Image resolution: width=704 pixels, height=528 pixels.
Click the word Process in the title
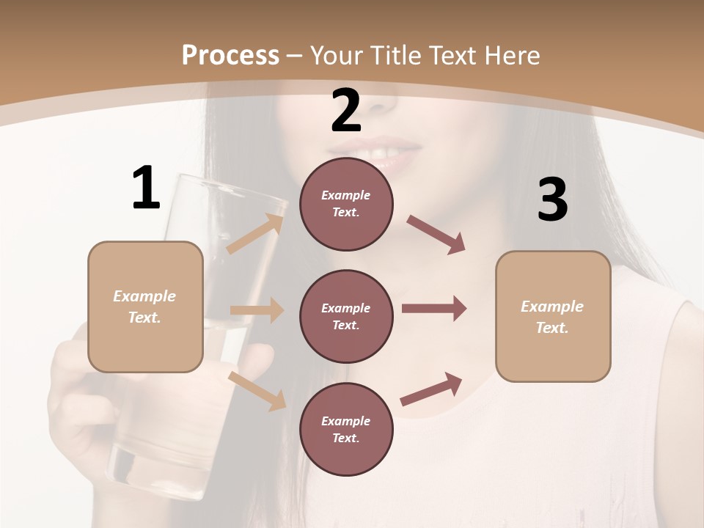pos(230,55)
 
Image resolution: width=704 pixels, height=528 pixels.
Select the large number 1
pos(146,188)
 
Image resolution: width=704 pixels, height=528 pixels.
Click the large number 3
pos(552,199)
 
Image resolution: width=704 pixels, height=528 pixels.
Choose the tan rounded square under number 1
pos(145,307)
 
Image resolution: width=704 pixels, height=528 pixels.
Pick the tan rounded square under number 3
pos(553,316)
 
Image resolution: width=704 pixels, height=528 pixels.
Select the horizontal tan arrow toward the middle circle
pos(257,310)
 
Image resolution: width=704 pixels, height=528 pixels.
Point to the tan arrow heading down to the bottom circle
pos(257,391)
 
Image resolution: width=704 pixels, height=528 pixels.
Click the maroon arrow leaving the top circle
pos(436,235)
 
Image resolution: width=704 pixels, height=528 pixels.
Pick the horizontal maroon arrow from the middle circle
pos(433,309)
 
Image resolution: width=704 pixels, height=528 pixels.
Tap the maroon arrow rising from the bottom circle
pos(431,389)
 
